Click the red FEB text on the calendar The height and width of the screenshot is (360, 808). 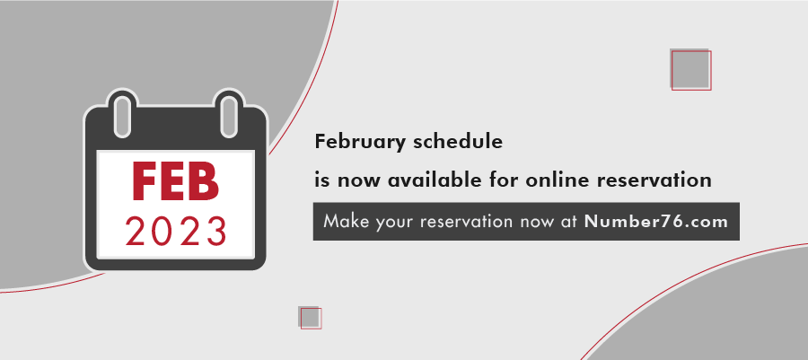click(x=176, y=182)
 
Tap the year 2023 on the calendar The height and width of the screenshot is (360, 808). click(x=176, y=232)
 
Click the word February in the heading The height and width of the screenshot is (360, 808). click(x=360, y=142)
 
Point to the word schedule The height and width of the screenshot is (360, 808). click(x=458, y=141)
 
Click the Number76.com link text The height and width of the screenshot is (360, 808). click(x=656, y=222)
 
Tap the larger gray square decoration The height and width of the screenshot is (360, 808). click(x=690, y=69)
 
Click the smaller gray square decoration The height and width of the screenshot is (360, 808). click(x=310, y=317)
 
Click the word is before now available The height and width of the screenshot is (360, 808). click(x=321, y=180)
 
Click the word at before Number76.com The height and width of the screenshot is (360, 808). click(x=570, y=223)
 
